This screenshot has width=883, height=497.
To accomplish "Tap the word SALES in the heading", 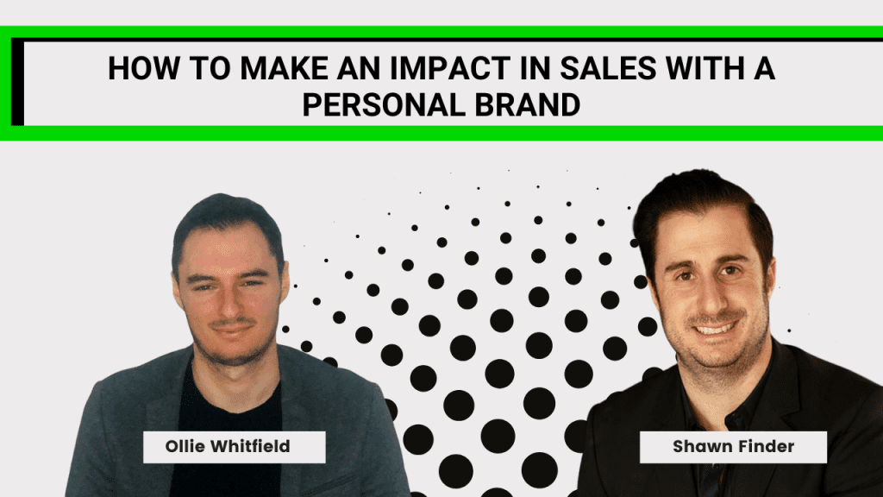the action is [x=608, y=68].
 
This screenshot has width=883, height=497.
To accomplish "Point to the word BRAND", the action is [x=527, y=104].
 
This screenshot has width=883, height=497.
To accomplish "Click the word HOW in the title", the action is [x=144, y=68].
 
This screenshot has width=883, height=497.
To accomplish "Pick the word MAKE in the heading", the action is [x=285, y=68].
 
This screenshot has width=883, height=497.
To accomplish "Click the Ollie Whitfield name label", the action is [x=235, y=447].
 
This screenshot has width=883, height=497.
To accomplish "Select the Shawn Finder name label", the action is [x=733, y=447].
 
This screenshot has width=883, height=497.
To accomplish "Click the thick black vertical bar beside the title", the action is [x=17, y=82].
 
